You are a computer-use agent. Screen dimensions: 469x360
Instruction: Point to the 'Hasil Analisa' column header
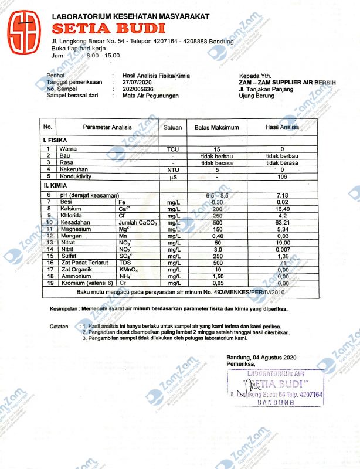(282, 127)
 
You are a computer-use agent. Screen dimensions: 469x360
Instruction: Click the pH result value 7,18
(283, 195)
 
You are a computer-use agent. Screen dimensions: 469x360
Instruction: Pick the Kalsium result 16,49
(283, 209)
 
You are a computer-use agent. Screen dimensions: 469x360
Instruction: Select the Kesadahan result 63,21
(283, 222)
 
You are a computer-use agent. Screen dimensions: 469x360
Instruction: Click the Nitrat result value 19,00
(283, 242)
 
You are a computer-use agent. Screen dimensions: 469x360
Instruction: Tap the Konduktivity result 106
(283, 176)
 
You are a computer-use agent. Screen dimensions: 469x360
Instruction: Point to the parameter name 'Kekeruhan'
(73, 169)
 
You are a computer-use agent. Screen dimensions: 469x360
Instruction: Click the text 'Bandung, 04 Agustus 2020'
(261, 358)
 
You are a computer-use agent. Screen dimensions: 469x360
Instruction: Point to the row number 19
(48, 283)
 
